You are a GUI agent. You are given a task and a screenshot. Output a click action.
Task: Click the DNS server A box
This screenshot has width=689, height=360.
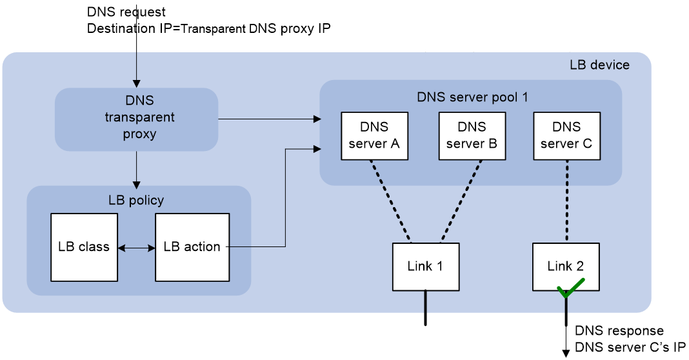374,136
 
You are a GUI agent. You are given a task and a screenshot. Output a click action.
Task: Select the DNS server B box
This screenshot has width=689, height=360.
472,136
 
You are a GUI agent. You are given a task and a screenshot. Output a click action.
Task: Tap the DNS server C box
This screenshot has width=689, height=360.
566,136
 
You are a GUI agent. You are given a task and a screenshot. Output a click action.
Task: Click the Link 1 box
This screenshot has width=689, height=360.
425,266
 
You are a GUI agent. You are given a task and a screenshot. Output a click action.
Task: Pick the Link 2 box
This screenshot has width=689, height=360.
566,266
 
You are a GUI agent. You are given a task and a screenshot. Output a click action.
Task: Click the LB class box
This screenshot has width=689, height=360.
84,247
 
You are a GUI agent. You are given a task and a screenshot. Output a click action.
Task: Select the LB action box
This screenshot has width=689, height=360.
192,247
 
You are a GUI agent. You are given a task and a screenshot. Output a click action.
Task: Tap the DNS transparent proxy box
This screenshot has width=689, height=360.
136,119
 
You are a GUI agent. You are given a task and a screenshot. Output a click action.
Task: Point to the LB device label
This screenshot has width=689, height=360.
599,65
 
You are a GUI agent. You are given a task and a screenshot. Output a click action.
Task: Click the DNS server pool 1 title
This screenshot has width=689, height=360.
472,97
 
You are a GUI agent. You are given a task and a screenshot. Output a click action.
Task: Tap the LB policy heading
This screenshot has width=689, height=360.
136,201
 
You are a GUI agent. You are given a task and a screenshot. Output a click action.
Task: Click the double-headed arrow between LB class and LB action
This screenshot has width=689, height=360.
136,248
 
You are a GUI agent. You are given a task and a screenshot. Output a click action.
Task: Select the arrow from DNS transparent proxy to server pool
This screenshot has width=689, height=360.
270,119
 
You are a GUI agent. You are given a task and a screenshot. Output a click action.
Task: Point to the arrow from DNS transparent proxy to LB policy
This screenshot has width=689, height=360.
136,170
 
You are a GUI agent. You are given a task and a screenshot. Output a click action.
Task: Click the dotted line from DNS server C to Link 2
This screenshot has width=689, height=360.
566,201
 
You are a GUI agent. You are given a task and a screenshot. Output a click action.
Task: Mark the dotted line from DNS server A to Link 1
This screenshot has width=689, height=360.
391,201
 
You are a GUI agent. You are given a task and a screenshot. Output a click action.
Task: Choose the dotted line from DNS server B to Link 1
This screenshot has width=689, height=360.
461,201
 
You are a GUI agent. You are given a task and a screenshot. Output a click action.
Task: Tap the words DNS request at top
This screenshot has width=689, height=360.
126,12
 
